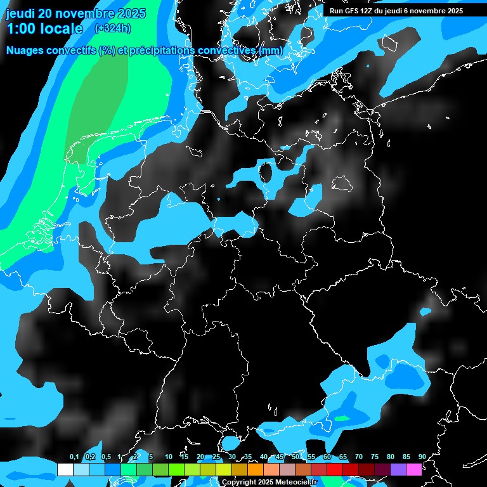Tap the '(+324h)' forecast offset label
[x=113, y=28]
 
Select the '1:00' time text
[x=20, y=29]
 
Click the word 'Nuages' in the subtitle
[x=25, y=50]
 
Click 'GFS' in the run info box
[x=355, y=11]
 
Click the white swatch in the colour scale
[x=65, y=469]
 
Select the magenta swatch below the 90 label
[x=414, y=469]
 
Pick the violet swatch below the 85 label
[x=398, y=469]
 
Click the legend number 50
[x=295, y=457]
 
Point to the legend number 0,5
[x=105, y=457]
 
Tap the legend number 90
[x=422, y=457]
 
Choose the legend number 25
[x=216, y=457]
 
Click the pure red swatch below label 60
[x=335, y=469]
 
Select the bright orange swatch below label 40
[x=256, y=469]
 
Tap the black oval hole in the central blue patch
[x=267, y=171]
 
